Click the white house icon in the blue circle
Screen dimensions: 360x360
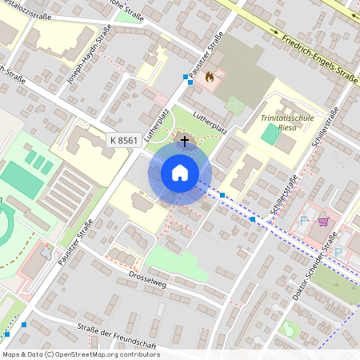click(x=180, y=173)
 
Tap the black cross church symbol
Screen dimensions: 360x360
click(x=185, y=141)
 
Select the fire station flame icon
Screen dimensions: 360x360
click(x=210, y=78)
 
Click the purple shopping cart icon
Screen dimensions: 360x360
click(x=323, y=222)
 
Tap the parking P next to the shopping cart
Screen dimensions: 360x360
click(x=304, y=219)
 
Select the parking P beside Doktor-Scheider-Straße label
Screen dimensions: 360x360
click(x=338, y=253)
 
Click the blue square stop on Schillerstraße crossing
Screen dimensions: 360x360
click(x=253, y=218)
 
